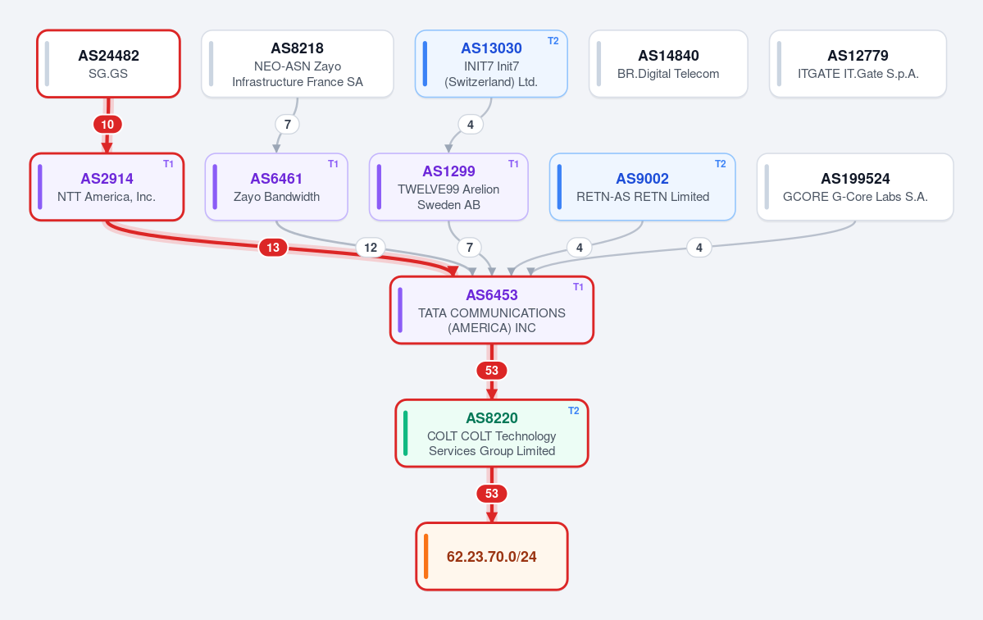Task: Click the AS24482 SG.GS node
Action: click(x=108, y=64)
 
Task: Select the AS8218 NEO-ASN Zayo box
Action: click(x=297, y=64)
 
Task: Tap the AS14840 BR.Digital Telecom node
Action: click(x=668, y=64)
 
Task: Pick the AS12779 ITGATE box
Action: click(x=858, y=64)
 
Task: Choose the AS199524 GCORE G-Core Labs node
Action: click(x=855, y=187)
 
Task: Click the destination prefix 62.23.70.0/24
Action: click(x=492, y=557)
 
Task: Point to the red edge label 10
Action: click(x=107, y=124)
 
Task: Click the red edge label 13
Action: click(x=273, y=248)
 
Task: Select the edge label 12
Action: click(x=371, y=248)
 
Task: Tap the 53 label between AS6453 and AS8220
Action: click(x=492, y=371)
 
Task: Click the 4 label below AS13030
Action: click(x=471, y=124)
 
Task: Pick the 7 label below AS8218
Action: click(x=287, y=124)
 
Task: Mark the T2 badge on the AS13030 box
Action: click(x=553, y=41)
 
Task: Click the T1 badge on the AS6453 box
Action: click(x=578, y=287)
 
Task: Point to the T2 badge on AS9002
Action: click(x=721, y=164)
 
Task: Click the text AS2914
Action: click(x=107, y=179)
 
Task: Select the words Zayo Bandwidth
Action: click(x=276, y=197)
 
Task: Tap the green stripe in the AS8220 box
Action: click(x=406, y=433)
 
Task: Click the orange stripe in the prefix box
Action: click(x=426, y=557)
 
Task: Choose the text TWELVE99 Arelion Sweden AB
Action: click(x=448, y=197)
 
